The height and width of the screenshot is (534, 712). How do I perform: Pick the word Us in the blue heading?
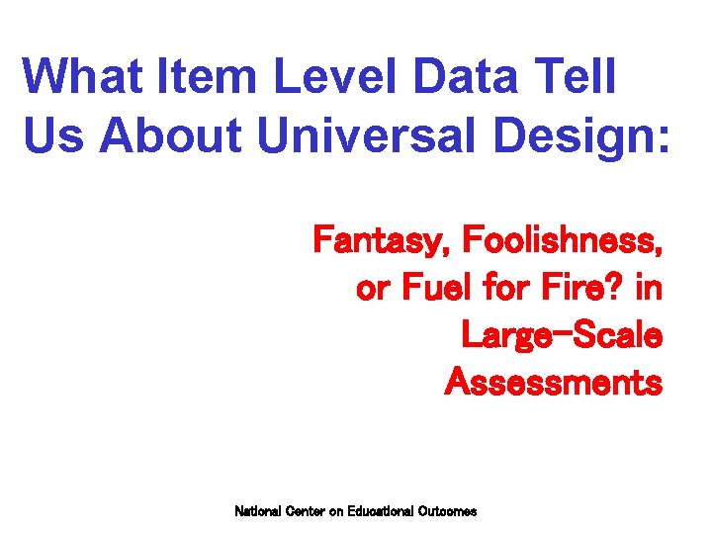coord(53,137)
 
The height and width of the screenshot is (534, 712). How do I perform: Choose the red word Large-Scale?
coord(562,337)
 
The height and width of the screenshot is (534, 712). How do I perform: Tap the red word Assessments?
coord(554,382)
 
